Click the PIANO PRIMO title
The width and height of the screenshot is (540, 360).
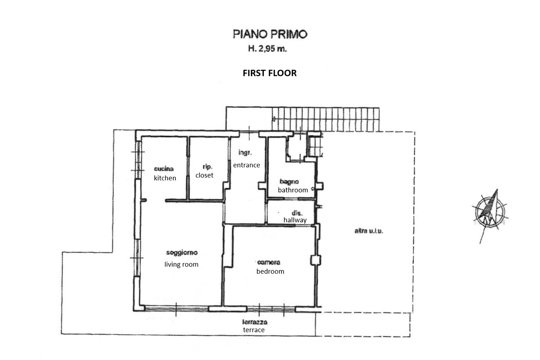click(270, 34)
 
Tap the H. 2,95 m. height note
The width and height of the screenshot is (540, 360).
click(267, 49)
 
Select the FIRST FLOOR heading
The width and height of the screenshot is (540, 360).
click(270, 73)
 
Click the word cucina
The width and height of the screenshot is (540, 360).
click(164, 169)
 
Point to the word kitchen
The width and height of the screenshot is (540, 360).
click(165, 178)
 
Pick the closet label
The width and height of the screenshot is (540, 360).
click(204, 175)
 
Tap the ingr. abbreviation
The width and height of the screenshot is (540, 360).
click(245, 153)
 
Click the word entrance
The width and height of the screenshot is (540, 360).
click(246, 165)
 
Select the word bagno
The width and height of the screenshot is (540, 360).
click(289, 181)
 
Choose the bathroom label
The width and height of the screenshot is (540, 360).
click(293, 190)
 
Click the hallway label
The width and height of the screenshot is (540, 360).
click(295, 220)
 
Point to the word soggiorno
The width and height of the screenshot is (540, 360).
click(182, 253)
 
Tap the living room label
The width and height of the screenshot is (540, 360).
click(181, 265)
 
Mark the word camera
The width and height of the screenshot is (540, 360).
click(269, 262)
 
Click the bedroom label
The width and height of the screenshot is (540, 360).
click(270, 271)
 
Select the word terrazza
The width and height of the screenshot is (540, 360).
click(255, 322)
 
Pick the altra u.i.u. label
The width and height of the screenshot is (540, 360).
click(369, 231)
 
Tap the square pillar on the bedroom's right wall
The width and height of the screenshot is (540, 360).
click(316, 260)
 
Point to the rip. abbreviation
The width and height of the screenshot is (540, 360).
click(207, 167)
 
